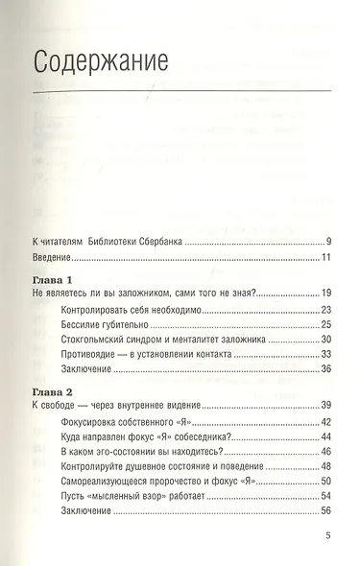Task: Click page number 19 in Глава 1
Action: click(x=326, y=293)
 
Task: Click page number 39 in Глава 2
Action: click(x=326, y=408)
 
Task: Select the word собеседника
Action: click(x=224, y=441)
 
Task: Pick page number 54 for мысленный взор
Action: click(x=326, y=507)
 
